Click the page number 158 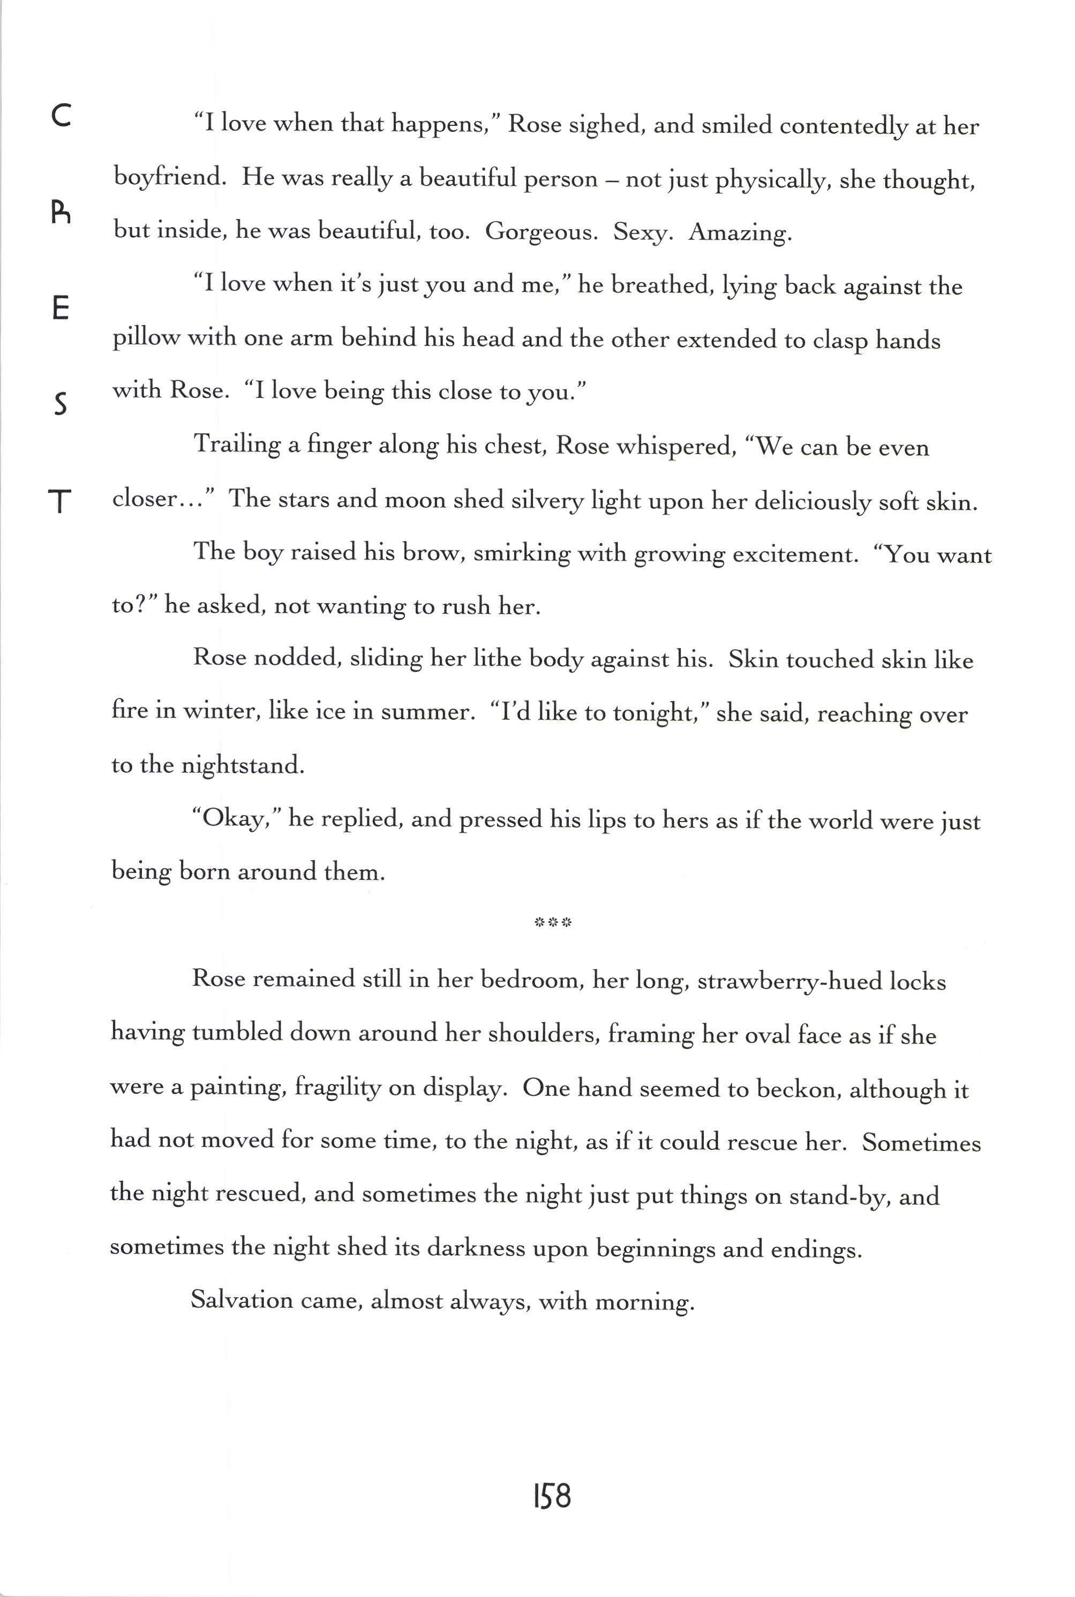point(551,1496)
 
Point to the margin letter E point(61,309)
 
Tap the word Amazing point(740,233)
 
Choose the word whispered point(675,447)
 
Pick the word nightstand point(242,765)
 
